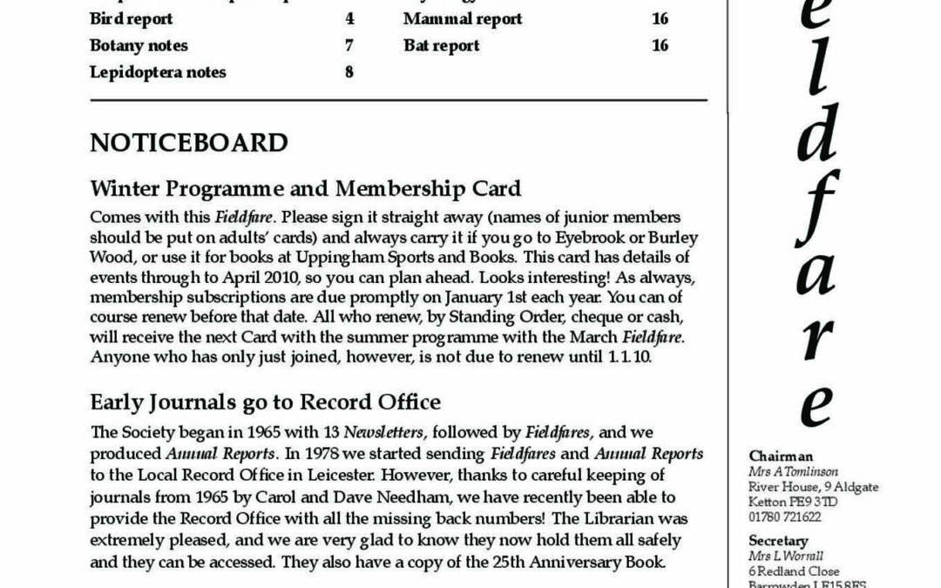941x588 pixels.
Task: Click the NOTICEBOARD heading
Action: tap(188, 143)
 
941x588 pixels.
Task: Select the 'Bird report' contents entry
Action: tap(131, 18)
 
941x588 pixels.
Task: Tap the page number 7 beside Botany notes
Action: tap(349, 45)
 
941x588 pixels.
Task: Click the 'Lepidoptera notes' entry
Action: tap(158, 72)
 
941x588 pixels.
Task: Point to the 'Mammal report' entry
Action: tap(463, 18)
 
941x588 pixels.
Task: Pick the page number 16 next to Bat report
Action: tap(660, 45)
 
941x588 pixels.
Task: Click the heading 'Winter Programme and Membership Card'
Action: tap(305, 187)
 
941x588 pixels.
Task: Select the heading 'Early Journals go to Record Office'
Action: tap(265, 402)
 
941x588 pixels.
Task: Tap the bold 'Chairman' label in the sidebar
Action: tap(781, 456)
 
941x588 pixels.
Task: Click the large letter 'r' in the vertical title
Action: tap(816, 339)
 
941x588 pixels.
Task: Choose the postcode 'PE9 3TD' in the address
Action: tap(816, 502)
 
